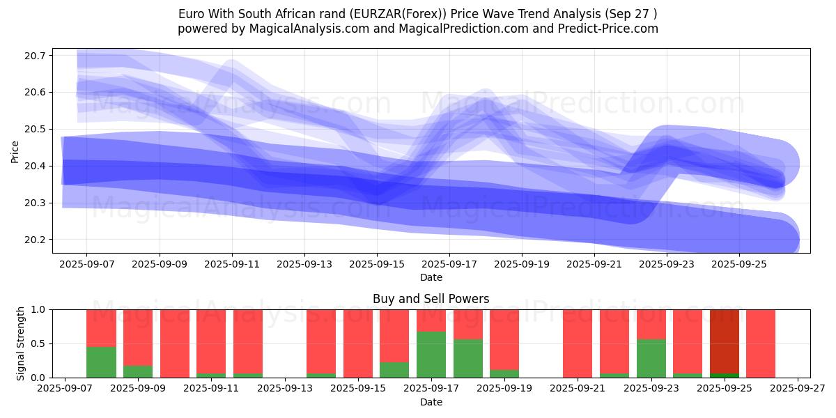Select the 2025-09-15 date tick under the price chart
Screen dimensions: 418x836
point(377,265)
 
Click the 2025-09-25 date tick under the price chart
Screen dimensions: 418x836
point(740,265)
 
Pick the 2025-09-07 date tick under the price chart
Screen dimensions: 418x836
point(86,265)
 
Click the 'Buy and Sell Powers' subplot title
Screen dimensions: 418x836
point(431,299)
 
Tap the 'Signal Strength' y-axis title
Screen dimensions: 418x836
point(21,343)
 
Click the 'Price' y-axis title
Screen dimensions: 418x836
point(15,150)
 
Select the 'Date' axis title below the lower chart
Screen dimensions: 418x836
point(431,402)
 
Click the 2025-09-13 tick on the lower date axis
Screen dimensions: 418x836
point(285,389)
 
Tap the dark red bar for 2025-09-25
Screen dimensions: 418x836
point(725,341)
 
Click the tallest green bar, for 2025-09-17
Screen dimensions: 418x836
point(431,355)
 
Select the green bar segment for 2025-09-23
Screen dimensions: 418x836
point(651,358)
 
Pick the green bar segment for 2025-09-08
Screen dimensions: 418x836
point(102,362)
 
